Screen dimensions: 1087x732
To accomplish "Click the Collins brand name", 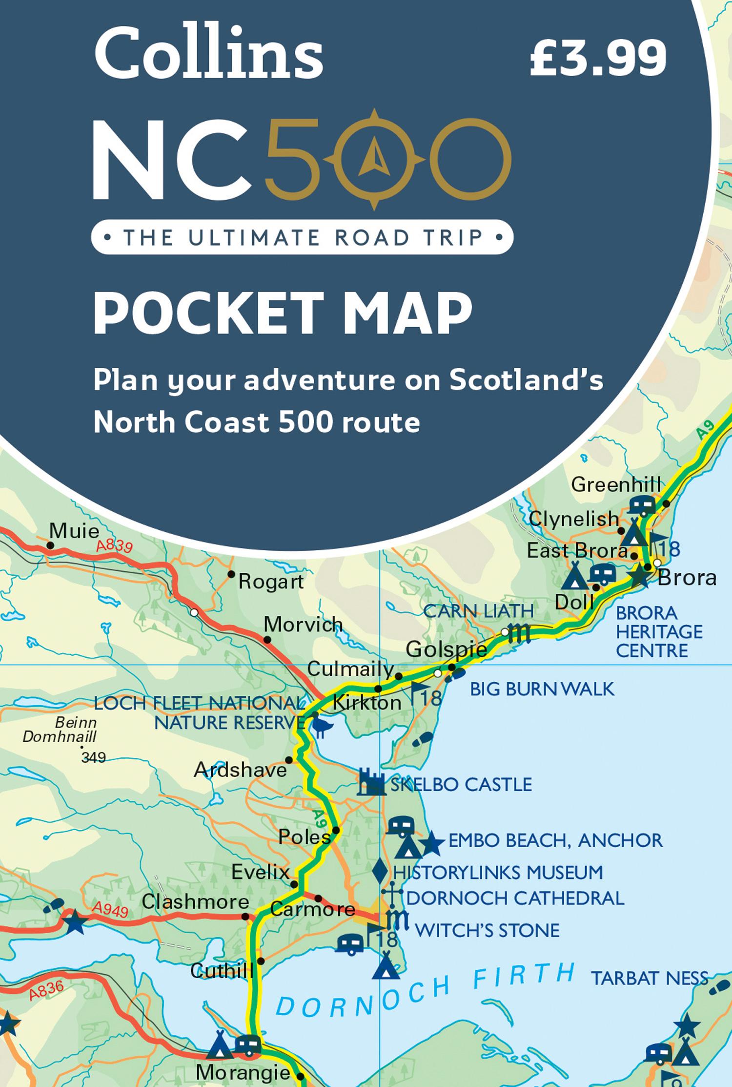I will (208, 55).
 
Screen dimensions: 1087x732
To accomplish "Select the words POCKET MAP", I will (283, 313).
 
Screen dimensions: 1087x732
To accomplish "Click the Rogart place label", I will (271, 582).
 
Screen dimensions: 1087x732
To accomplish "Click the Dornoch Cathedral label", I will (515, 898).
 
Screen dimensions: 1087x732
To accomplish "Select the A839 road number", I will (114, 545).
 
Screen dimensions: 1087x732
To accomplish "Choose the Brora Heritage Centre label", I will (659, 631).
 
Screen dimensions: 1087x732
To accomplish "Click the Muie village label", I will (74, 531).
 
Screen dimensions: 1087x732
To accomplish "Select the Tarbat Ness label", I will (649, 978).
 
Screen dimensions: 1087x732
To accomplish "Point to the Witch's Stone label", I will (487, 930).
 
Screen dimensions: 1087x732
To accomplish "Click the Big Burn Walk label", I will (542, 689).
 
